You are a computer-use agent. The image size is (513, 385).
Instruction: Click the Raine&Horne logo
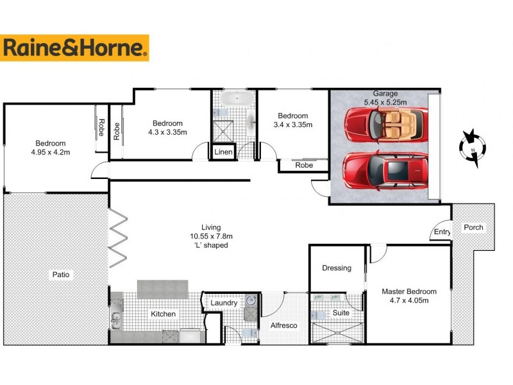coord(75,48)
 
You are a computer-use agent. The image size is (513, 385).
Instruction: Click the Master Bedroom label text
coord(409,291)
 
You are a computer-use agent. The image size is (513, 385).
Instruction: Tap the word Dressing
coord(337,268)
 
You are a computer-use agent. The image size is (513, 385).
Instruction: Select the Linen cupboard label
coord(223,152)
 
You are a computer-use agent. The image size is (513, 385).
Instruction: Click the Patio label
coord(62,275)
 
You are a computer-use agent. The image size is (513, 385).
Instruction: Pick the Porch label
coord(473,227)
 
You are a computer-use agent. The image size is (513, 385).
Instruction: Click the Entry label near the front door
coord(442,232)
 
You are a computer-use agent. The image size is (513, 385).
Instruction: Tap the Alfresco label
coord(283,325)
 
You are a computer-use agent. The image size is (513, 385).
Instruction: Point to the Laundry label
coord(224,303)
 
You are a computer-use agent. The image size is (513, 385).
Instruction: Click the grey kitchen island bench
coord(162,289)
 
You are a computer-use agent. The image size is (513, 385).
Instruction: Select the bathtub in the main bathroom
coord(234,99)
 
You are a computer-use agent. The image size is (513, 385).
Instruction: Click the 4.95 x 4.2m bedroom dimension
coord(53,152)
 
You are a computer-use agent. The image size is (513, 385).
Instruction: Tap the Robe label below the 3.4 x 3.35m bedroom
coord(304,166)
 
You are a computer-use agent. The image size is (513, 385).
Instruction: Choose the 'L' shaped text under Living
coord(210,245)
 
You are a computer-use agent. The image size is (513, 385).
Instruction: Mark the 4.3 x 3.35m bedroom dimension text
coord(167,132)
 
